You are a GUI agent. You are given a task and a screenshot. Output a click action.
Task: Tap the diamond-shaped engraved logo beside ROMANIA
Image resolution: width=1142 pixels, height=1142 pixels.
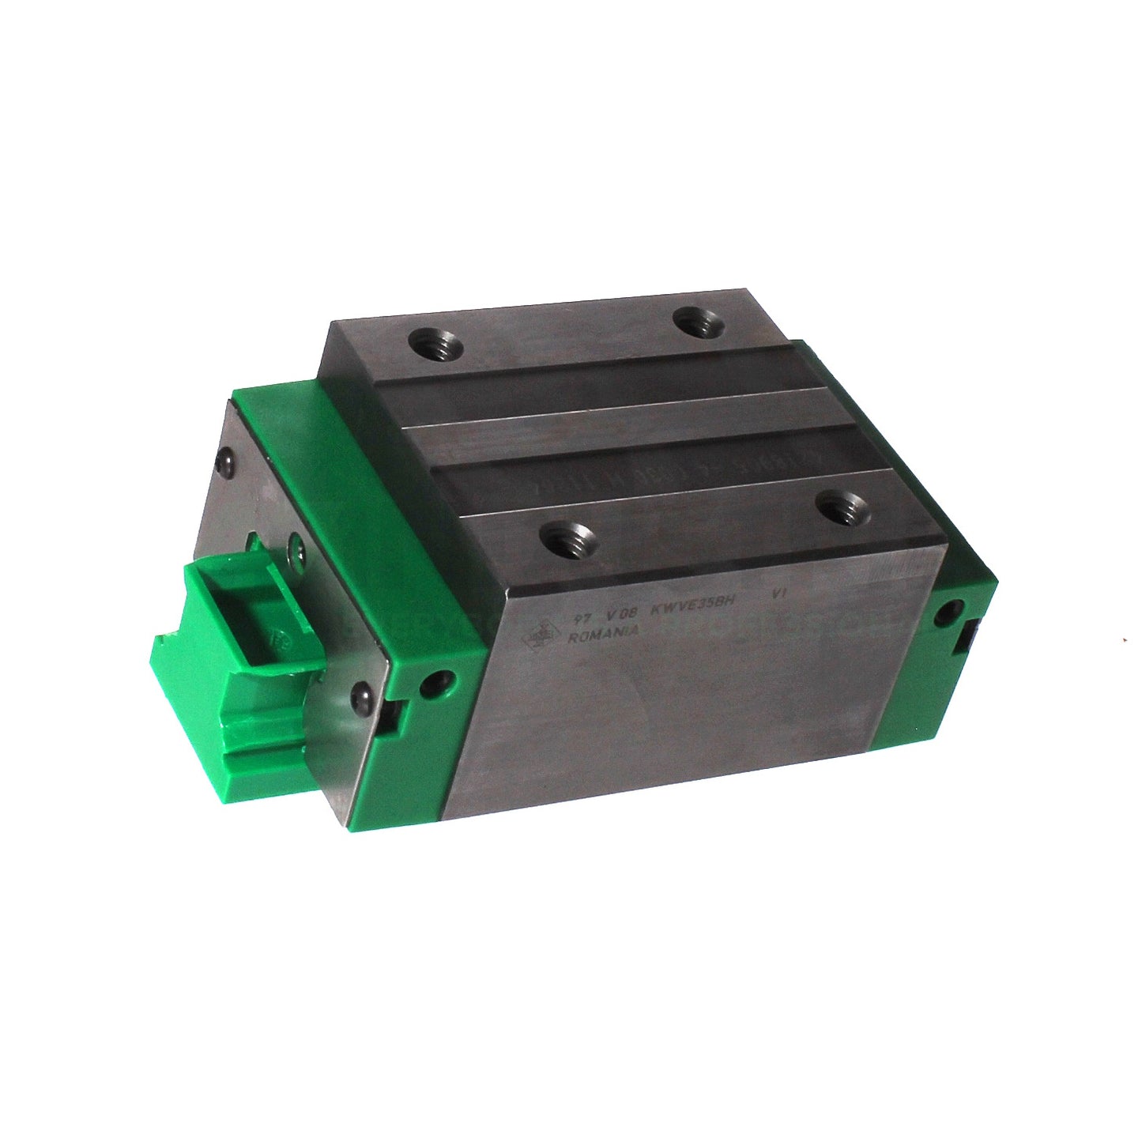tap(541, 633)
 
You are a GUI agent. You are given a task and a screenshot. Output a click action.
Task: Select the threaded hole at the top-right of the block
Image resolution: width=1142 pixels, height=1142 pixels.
tap(695, 322)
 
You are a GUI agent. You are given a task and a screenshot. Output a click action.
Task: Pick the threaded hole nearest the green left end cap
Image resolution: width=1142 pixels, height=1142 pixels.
tap(563, 539)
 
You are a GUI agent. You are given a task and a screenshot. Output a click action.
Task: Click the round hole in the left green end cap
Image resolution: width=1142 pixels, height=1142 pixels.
tap(435, 682)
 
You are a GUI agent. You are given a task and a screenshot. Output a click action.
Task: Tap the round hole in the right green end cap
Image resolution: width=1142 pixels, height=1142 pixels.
tap(950, 611)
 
